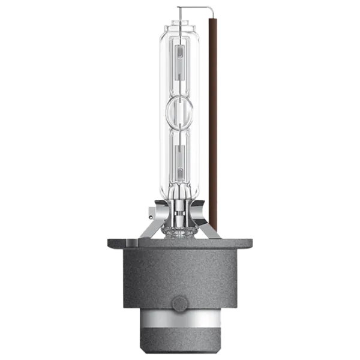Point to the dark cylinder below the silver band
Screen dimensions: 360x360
[180, 348]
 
